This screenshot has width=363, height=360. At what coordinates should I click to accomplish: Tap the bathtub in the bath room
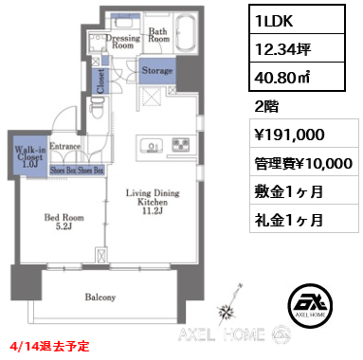point(183,35)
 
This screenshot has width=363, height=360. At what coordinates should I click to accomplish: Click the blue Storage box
point(157,71)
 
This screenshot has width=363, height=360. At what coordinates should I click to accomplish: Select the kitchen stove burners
point(180,145)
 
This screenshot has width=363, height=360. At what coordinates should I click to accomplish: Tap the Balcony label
point(100,297)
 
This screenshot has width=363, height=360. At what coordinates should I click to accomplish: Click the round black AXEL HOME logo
point(306,300)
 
